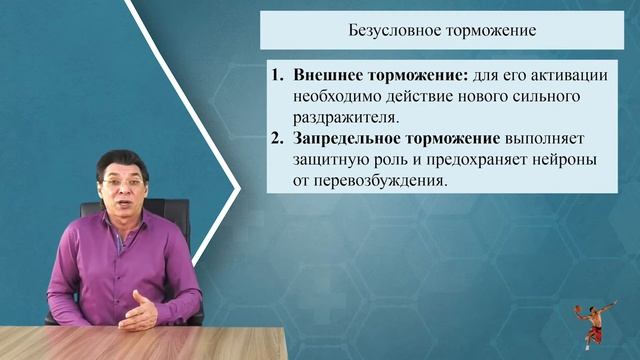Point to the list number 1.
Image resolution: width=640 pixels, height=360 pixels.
pos(278,76)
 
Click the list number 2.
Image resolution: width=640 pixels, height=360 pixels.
pos(278,139)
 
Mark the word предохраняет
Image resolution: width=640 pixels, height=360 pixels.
pos(483,160)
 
